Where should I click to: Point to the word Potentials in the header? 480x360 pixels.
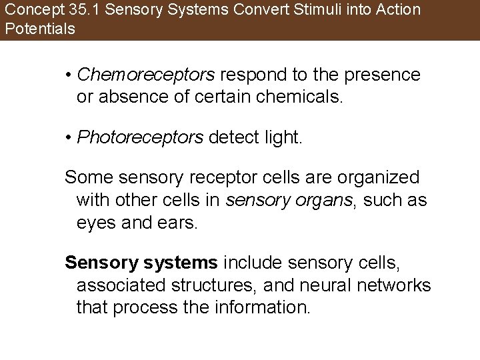tap(39, 29)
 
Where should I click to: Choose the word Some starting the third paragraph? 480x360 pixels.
tap(87, 179)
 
